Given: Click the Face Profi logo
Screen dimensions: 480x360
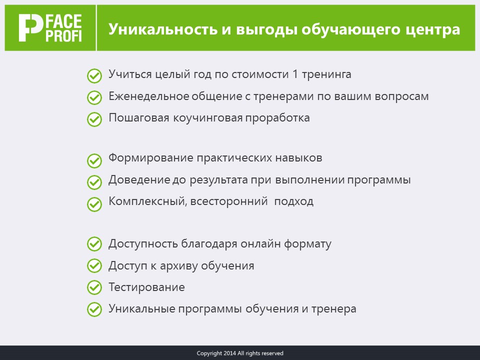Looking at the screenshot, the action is point(50,28).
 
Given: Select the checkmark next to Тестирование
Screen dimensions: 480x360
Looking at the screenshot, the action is point(94,287).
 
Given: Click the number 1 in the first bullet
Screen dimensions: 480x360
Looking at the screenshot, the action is point(295,74).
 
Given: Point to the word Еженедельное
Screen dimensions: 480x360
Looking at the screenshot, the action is point(148,96).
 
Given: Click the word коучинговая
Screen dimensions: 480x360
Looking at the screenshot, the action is point(208,118).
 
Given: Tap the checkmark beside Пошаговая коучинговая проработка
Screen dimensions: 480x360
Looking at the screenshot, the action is point(94,119).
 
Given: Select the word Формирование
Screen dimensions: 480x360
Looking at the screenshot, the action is point(150,158).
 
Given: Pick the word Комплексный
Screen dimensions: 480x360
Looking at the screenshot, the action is point(148,201).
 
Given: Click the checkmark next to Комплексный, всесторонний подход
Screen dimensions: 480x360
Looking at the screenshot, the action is point(94,204).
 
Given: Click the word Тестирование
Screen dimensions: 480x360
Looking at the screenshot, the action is point(146,287).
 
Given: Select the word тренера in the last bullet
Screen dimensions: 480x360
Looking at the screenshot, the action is point(333,309).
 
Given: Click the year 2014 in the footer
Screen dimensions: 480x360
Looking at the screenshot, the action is point(229,353).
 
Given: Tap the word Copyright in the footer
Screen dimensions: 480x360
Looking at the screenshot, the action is point(209,353).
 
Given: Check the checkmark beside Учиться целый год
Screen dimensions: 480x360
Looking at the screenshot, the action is point(94,76).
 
